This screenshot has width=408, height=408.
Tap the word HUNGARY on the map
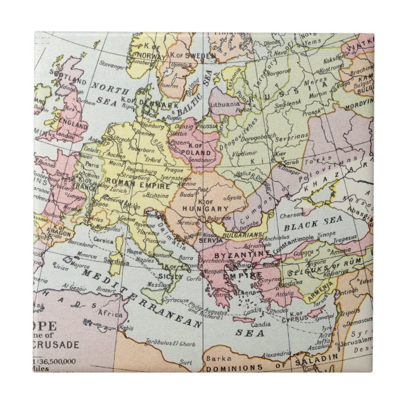tap(206, 208)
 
